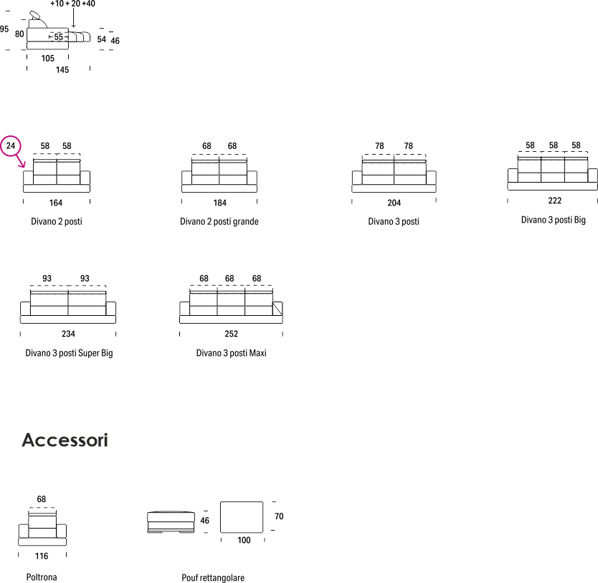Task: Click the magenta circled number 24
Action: (x=11, y=145)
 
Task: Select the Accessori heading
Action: (x=65, y=440)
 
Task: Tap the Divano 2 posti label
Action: (x=56, y=221)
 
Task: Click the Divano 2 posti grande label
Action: (x=219, y=221)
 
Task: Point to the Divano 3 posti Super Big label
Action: (x=69, y=353)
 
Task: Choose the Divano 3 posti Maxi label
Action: (x=231, y=353)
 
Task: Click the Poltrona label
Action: (x=42, y=577)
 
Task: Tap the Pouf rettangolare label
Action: (x=213, y=578)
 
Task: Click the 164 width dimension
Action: (x=56, y=203)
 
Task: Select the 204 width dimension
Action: (x=394, y=203)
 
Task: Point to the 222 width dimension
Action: (x=555, y=201)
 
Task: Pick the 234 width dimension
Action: (x=68, y=334)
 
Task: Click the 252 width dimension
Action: (x=231, y=334)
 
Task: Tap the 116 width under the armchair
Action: (x=42, y=556)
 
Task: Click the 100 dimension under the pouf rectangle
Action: (x=244, y=540)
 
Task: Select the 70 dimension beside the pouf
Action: (x=279, y=516)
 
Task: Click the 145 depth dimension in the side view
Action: (x=62, y=69)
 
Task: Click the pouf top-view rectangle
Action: (x=243, y=516)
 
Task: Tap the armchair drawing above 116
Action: (x=42, y=529)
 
